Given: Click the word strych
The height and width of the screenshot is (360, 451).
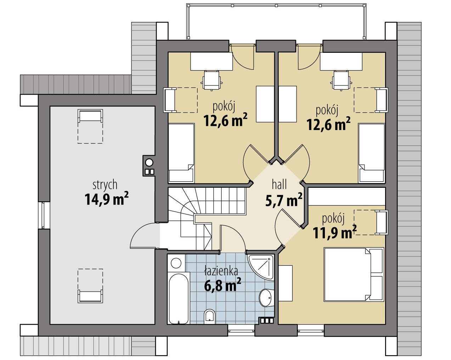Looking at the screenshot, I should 105,185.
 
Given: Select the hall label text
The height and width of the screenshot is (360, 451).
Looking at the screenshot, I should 279,184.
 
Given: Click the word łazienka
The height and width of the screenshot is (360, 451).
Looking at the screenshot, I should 221,271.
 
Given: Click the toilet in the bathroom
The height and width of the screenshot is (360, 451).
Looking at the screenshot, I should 210,316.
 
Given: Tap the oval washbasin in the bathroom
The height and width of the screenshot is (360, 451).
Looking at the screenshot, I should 265,298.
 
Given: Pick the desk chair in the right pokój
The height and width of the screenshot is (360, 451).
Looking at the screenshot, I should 342,80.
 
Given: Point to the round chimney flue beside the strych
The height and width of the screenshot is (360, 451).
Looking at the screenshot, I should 149,163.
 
